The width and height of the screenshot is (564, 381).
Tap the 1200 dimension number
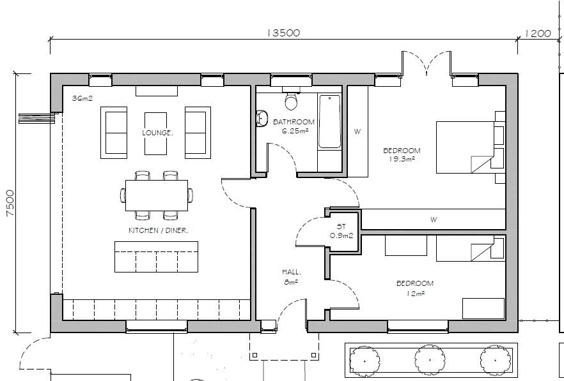pos(538,33)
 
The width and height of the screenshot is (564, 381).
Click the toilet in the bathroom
pos(292,101)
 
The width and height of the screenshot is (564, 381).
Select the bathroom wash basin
pos(262,118)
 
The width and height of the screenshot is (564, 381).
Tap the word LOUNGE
pos(157,133)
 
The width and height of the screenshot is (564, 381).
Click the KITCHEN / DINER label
pos(158,230)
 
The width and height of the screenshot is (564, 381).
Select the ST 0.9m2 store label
pos(341,231)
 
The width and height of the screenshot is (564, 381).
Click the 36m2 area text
pos(82,99)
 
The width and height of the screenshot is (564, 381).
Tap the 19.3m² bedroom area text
pos(402,159)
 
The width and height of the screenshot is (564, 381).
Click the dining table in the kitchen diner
pos(157,195)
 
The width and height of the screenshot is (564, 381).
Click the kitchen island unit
pos(156,257)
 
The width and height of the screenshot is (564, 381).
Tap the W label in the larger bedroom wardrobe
pos(357,132)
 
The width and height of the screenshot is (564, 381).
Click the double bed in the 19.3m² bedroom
pos(470,147)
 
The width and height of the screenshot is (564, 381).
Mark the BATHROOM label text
pos(294,121)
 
